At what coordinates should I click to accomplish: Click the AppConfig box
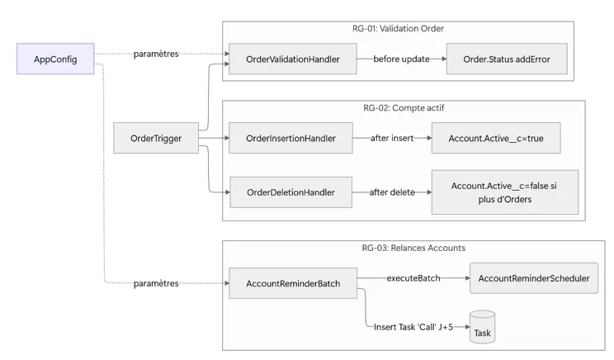click(x=55, y=59)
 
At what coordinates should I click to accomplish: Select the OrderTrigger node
click(x=156, y=138)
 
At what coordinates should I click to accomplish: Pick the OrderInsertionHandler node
click(x=290, y=138)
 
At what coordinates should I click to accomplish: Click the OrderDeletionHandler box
click(x=290, y=192)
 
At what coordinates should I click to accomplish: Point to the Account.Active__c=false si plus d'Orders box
click(x=503, y=192)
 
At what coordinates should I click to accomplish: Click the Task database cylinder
click(x=482, y=327)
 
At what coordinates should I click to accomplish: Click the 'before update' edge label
click(x=401, y=59)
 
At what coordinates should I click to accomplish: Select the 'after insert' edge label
click(x=392, y=138)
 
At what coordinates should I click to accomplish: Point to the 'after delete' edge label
click(x=392, y=192)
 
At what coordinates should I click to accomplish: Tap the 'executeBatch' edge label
click(x=413, y=278)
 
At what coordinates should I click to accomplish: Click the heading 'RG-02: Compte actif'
click(x=403, y=108)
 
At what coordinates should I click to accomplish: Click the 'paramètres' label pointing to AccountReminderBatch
click(x=156, y=284)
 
